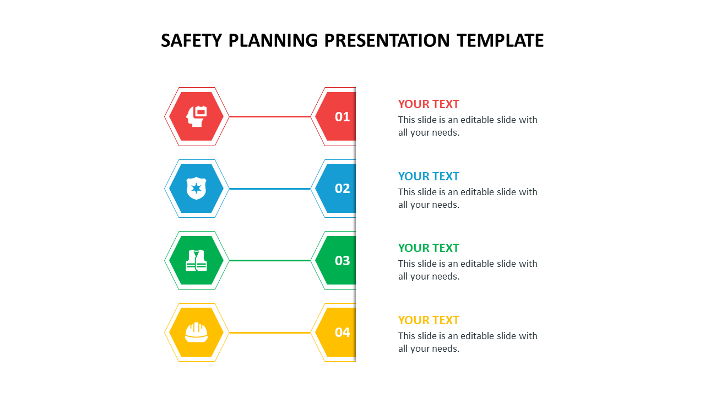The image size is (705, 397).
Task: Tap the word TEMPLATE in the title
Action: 501,41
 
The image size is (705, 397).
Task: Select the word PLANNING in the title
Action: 273,41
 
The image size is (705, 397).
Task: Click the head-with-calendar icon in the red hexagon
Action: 197,116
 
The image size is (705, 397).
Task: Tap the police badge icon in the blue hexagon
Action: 197,188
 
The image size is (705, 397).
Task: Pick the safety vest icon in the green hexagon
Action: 197,260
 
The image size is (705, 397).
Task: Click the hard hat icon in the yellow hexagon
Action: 197,332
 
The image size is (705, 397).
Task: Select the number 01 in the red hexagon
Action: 342,117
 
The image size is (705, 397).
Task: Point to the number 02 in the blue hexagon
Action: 342,189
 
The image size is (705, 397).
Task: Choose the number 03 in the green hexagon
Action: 342,261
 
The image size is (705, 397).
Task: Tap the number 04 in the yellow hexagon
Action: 342,332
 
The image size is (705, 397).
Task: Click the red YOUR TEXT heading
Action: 429,104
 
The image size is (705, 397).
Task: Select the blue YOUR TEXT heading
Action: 429,176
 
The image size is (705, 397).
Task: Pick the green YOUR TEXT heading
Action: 429,248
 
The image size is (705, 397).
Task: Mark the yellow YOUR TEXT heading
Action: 429,320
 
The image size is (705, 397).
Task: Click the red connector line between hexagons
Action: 270,116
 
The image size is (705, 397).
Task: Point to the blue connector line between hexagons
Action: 270,189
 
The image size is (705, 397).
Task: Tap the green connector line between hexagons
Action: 270,261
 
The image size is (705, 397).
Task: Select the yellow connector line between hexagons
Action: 270,332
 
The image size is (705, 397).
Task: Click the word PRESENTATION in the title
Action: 387,41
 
